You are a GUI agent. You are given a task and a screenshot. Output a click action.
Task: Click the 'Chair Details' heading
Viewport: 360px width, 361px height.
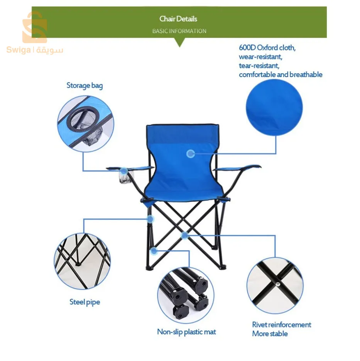click(178, 19)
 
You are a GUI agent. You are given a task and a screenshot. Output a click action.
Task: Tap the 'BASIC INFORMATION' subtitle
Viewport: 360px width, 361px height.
click(179, 31)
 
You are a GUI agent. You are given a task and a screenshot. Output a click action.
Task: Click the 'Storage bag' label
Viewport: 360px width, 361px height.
click(85, 86)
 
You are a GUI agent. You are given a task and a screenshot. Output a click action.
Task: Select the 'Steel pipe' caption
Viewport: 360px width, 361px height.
click(85, 302)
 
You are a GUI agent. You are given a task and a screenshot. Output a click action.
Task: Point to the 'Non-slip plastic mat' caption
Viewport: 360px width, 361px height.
click(187, 332)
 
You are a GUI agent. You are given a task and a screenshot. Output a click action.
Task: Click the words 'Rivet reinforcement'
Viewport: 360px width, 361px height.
click(281, 325)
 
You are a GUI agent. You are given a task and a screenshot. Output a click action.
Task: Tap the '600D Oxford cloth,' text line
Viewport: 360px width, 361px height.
click(267, 48)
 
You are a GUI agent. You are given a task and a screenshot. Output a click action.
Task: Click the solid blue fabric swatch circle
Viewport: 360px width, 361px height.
click(274, 107)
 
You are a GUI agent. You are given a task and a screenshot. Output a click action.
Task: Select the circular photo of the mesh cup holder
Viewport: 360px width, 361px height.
click(86, 124)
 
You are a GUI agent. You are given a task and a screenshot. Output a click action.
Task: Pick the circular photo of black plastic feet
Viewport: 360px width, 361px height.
click(186, 295)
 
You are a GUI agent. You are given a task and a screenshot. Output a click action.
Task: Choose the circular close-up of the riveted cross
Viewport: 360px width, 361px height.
click(275, 285)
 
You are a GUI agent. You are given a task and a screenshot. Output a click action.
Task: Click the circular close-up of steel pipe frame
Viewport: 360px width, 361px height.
click(82, 261)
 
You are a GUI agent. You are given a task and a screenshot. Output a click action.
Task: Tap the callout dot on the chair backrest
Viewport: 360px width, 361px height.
click(191, 154)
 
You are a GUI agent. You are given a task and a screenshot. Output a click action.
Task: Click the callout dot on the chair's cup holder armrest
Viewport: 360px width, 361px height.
click(124, 171)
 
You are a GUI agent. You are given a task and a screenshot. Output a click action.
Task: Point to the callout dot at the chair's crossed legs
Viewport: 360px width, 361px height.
click(185, 235)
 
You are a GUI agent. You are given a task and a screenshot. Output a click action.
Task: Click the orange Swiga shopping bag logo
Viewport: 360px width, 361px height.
click(35, 27)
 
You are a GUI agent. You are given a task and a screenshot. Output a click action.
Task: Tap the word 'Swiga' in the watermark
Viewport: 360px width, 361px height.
click(19, 50)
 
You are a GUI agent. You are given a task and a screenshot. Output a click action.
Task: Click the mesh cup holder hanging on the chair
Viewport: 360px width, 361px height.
click(124, 178)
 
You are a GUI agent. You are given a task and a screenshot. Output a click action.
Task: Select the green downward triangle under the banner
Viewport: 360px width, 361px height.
click(180, 42)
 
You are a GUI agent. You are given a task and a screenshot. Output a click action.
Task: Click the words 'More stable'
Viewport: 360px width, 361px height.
click(270, 334)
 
